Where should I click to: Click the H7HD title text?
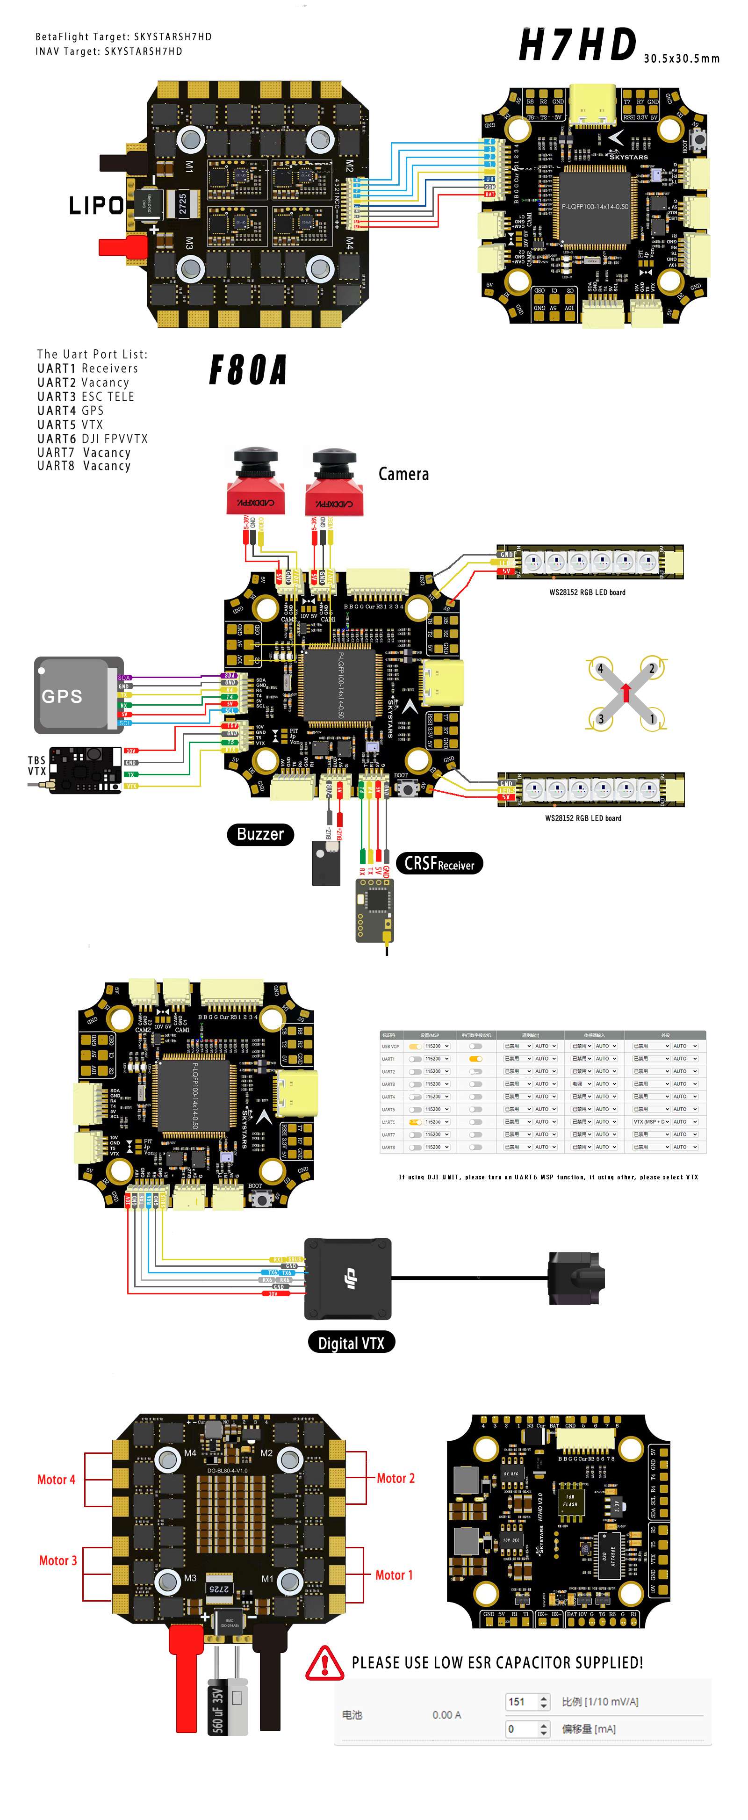[578, 45]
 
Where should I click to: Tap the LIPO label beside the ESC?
[96, 206]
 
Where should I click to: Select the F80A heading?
[248, 369]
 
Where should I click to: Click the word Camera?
[403, 474]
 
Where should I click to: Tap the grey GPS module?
[74, 695]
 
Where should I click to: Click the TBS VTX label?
[37, 766]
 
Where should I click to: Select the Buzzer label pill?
[260, 834]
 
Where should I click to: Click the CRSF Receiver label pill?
[439, 863]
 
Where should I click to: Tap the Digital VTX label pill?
[351, 1343]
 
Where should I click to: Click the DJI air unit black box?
[347, 1278]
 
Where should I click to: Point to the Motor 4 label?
[56, 1480]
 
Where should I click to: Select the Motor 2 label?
[395, 1478]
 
